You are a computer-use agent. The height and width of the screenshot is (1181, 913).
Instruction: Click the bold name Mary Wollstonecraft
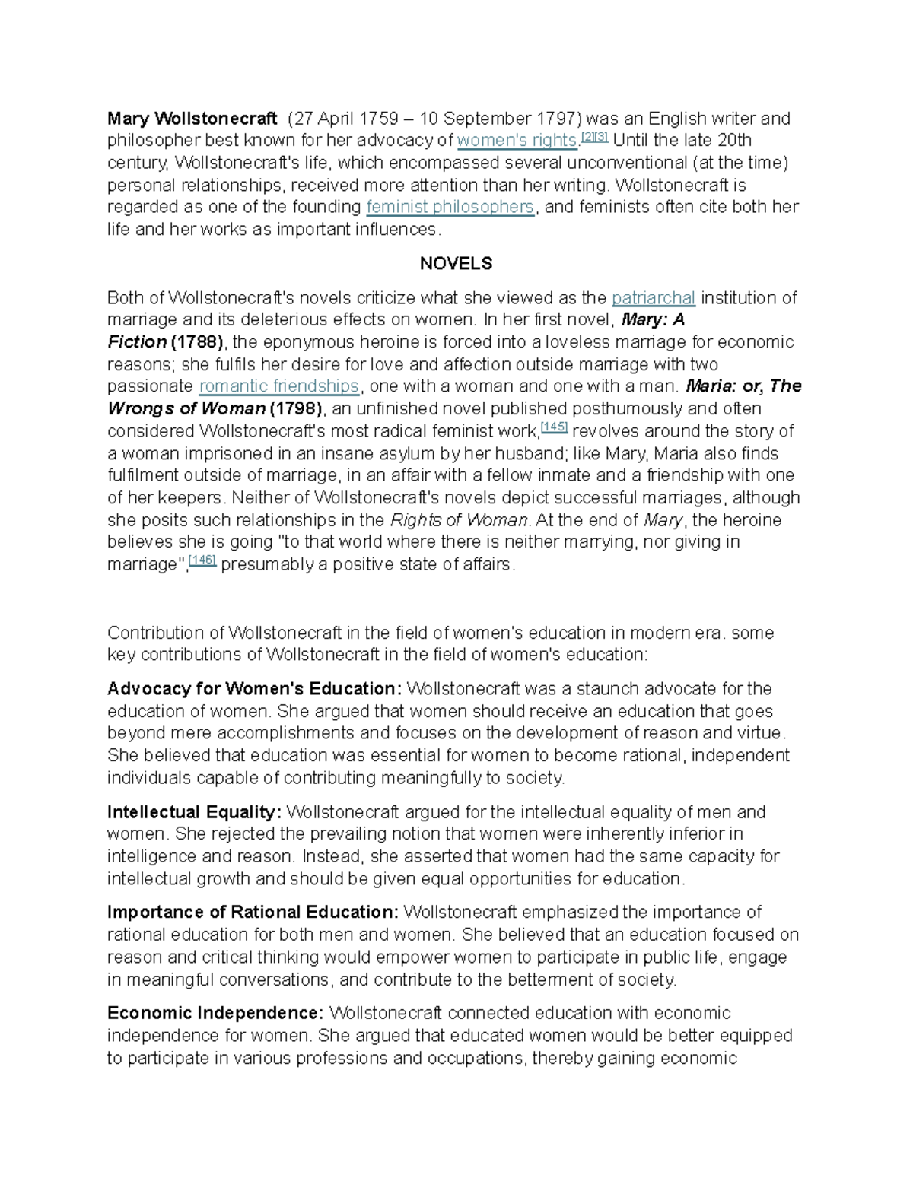pyautogui.click(x=192, y=119)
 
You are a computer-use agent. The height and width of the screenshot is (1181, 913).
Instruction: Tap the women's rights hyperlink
pyautogui.click(x=517, y=141)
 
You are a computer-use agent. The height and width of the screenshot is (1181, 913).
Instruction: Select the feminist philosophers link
pyautogui.click(x=450, y=207)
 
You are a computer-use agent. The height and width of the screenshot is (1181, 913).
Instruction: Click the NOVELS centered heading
pyautogui.click(x=456, y=263)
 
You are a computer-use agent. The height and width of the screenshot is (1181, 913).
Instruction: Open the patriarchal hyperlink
pyautogui.click(x=653, y=297)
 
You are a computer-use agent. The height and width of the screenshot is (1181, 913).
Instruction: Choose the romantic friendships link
pyautogui.click(x=278, y=386)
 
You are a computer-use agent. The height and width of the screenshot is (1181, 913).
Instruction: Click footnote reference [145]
pyautogui.click(x=553, y=427)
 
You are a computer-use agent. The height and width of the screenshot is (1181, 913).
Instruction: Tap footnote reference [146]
pyautogui.click(x=202, y=560)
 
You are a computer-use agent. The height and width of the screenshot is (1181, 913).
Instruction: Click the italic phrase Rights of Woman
pyautogui.click(x=459, y=520)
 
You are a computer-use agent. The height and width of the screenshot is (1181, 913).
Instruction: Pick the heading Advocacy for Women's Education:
pyautogui.click(x=254, y=689)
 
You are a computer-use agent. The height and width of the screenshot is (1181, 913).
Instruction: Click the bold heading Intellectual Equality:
pyautogui.click(x=194, y=812)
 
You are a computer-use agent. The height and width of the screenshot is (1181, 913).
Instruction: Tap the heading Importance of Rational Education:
pyautogui.click(x=253, y=912)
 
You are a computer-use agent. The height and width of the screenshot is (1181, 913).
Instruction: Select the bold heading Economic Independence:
pyautogui.click(x=215, y=1013)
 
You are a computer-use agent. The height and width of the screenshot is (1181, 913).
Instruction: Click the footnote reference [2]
pyautogui.click(x=587, y=137)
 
